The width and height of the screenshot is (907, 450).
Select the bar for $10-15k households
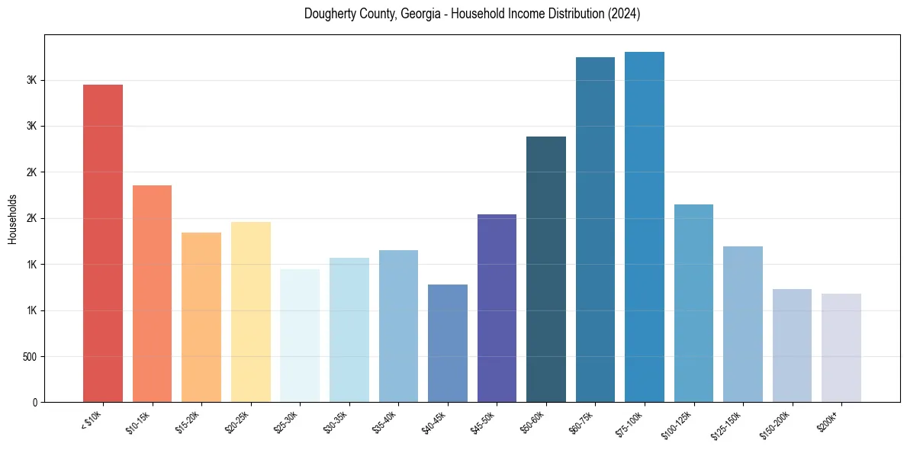152,294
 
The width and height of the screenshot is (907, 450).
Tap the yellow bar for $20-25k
250,312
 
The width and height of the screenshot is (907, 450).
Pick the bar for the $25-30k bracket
300,336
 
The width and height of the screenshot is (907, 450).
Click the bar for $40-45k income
448,343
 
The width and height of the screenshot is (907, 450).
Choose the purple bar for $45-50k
497,308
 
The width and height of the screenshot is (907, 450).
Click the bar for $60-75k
595,230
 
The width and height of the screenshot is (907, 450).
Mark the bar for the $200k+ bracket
841,348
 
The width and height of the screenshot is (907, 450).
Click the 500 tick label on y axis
28,357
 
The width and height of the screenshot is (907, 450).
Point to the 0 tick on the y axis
35,403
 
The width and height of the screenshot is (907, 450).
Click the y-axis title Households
13,219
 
